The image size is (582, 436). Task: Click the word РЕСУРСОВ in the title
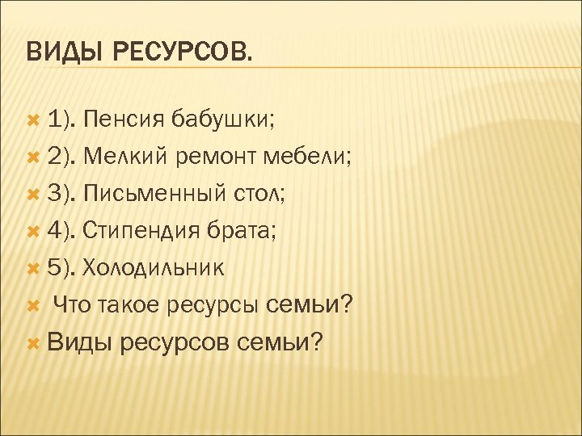[x=182, y=53]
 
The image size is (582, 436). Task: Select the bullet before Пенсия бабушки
[x=33, y=121]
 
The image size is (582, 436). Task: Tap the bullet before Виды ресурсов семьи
[x=33, y=342]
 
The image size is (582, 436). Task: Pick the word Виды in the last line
[x=78, y=342]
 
